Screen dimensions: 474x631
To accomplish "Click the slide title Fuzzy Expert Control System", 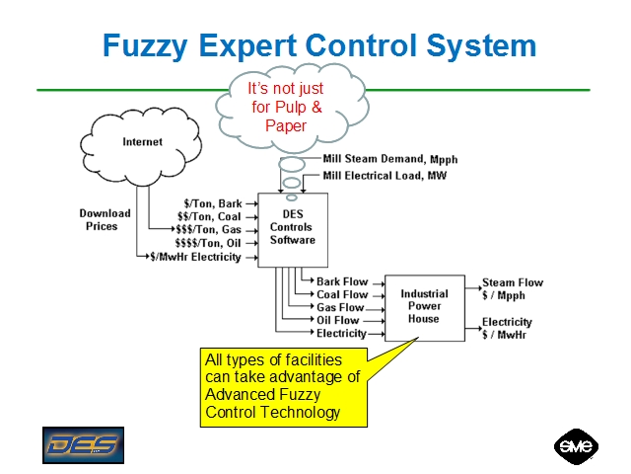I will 319,45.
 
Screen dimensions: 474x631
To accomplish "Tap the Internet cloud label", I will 143,142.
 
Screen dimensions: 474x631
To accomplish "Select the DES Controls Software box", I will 292,227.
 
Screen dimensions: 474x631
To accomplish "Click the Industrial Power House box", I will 424,306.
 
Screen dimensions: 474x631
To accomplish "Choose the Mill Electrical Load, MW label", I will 388,177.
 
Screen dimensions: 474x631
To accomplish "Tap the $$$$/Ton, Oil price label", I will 208,243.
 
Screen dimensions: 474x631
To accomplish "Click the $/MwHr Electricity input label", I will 195,257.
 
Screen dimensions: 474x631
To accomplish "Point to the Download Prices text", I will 105,219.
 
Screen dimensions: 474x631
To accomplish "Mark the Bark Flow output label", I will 341,282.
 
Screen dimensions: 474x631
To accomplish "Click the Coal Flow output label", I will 341,294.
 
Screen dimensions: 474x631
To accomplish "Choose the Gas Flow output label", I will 340,308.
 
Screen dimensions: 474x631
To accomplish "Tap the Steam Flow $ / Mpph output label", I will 512,288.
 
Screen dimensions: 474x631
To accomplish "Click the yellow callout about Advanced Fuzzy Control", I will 284,386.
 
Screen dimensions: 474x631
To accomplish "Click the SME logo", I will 576,446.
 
